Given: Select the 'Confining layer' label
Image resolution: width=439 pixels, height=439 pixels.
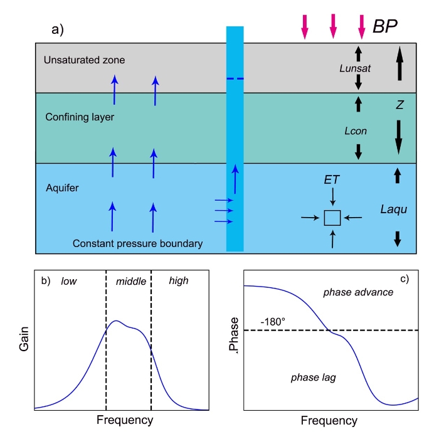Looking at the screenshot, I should [75, 117].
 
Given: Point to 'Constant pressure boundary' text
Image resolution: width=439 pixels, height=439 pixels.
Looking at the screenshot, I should [137, 243].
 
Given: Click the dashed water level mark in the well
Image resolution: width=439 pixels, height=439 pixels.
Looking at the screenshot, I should [235, 78].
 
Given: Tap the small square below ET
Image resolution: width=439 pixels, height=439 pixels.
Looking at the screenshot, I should [332, 218].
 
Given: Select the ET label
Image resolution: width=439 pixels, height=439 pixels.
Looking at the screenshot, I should [332, 180].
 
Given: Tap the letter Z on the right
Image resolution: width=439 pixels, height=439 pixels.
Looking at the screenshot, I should [398, 106].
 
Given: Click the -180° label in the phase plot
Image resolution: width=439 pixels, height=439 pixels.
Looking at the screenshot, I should [273, 322].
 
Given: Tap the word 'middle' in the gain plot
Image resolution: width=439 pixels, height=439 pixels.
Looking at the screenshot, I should [131, 282].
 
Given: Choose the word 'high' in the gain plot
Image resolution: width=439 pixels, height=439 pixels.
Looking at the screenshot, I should [178, 281].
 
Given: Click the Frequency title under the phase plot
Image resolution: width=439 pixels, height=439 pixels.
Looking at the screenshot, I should [330, 420].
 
